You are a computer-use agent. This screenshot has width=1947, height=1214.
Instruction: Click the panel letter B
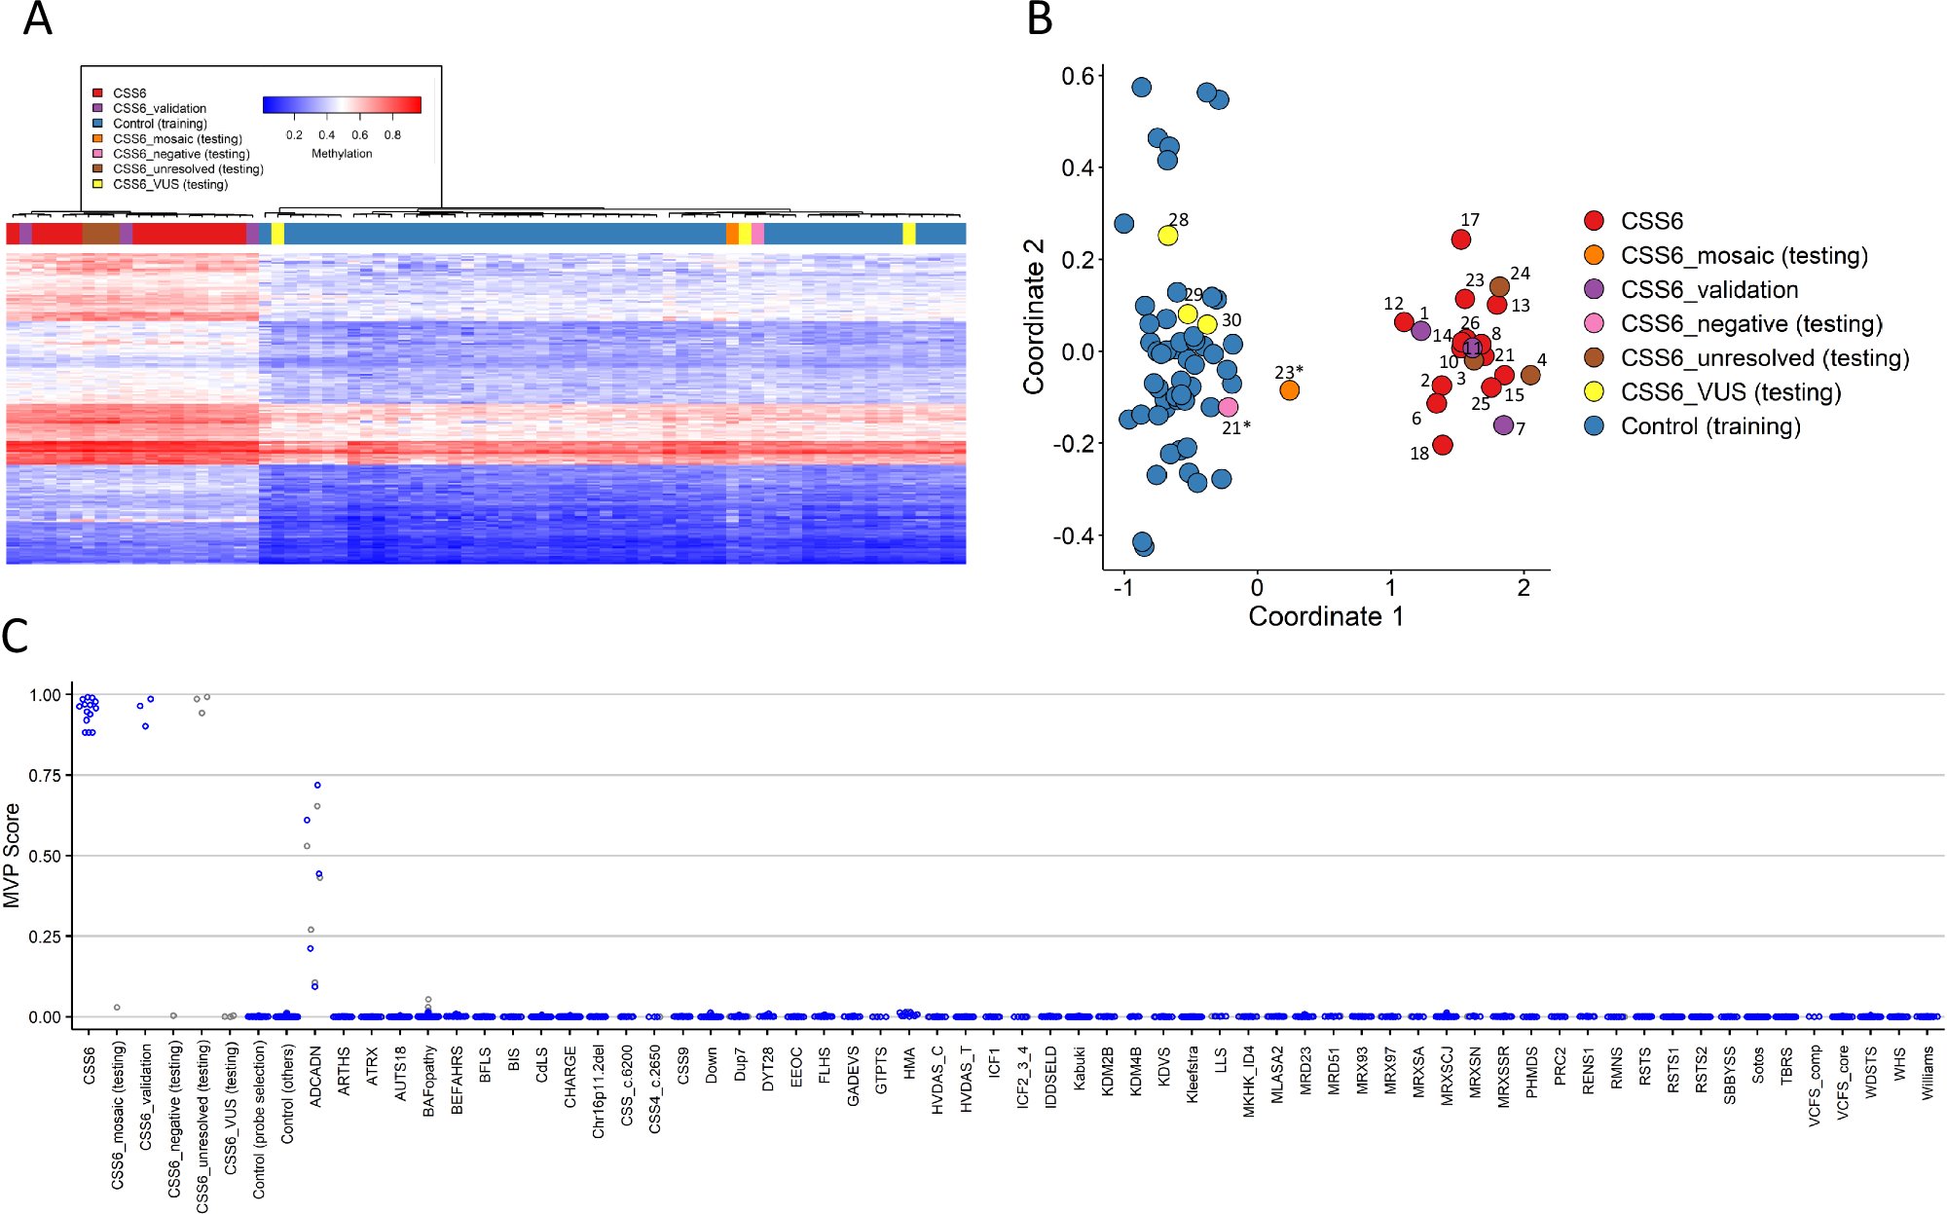tap(1040, 18)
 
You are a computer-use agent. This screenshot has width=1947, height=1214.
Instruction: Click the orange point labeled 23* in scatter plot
tap(1289, 390)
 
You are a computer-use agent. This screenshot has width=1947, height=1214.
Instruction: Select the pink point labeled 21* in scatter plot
tap(1229, 407)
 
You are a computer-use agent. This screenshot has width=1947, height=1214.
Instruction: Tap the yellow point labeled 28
tap(1168, 236)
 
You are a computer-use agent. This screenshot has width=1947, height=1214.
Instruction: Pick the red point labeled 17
tap(1460, 239)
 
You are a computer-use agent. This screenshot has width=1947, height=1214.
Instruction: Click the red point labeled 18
tap(1443, 445)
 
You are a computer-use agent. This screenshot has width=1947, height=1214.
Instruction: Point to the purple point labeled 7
tap(1503, 425)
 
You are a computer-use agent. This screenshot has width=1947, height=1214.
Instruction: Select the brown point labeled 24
tap(1499, 287)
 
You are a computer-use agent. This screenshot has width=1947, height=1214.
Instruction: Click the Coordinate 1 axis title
tap(1325, 616)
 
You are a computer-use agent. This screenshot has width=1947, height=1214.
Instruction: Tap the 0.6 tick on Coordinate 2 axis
tap(1078, 76)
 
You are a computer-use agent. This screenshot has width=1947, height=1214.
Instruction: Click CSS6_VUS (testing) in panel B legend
tap(1730, 392)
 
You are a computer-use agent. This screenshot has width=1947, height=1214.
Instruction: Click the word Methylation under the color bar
tap(342, 154)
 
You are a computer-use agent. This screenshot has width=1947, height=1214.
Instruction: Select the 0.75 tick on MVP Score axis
tap(45, 775)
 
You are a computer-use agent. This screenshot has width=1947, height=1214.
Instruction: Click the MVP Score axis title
tap(12, 856)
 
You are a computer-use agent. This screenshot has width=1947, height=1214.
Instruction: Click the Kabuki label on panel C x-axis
tap(1080, 1068)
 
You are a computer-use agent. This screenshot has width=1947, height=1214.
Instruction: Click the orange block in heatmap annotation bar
tap(732, 234)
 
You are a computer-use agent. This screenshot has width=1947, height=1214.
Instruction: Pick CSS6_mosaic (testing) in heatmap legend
tap(177, 139)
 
